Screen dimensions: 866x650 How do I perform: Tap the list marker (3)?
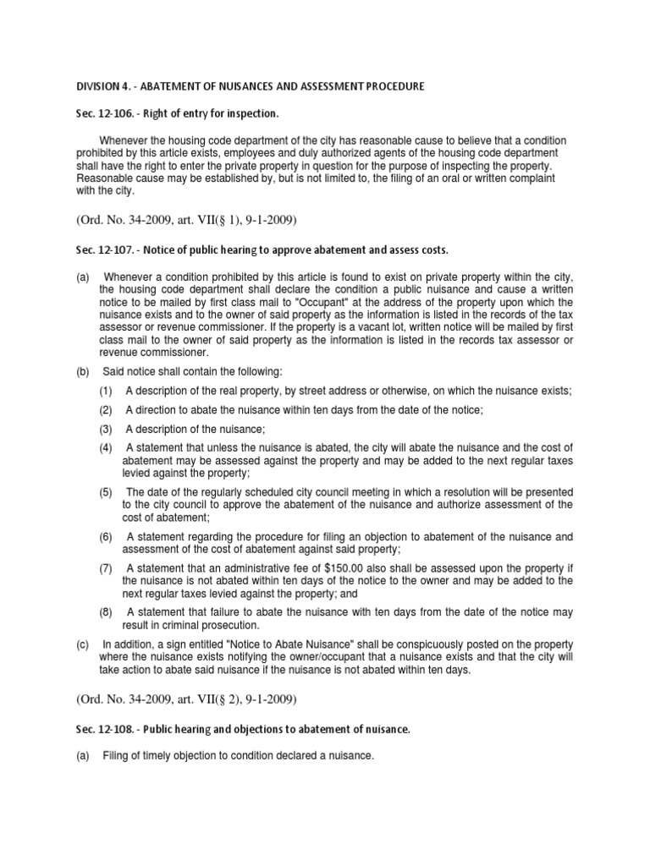click(x=106, y=430)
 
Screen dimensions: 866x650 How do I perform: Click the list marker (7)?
click(x=106, y=569)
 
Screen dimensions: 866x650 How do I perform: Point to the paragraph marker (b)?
click(x=83, y=372)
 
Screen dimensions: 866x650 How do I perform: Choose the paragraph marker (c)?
click(x=83, y=644)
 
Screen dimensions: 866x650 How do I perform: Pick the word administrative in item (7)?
click(x=254, y=569)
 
